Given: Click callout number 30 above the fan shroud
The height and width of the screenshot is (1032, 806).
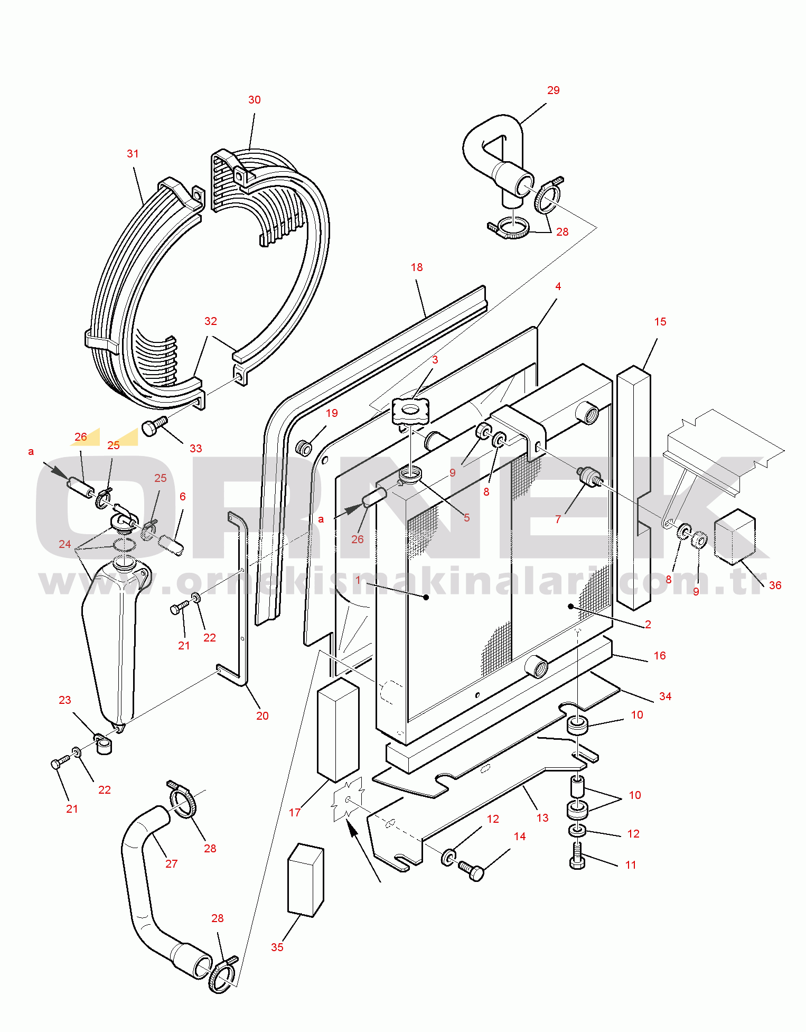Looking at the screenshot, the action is click(255, 100).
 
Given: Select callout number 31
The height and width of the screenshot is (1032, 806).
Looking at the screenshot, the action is click(133, 154).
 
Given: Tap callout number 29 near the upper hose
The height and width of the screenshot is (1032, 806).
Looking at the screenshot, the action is click(553, 90).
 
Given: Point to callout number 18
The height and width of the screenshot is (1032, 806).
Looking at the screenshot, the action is click(417, 267).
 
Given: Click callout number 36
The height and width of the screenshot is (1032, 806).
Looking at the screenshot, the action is click(775, 585).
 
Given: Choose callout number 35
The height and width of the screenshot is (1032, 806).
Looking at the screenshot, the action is click(277, 947).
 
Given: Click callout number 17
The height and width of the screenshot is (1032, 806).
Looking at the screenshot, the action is click(295, 813).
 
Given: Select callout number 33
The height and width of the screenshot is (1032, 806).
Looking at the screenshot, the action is click(195, 449).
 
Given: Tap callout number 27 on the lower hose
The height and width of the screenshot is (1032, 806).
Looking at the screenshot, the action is click(172, 864).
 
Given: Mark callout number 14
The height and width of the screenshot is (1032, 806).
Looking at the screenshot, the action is click(520, 836).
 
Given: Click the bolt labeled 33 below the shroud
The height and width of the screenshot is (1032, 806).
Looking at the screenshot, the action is click(154, 426).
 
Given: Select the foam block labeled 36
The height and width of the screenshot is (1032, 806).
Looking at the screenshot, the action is click(735, 534).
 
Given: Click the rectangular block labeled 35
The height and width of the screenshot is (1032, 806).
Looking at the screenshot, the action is click(305, 880).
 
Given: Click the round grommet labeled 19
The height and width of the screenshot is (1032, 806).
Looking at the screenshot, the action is click(305, 449).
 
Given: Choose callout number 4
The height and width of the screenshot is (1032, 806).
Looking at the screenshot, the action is click(558, 286).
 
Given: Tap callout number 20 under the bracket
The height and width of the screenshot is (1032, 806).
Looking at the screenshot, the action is click(263, 716).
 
